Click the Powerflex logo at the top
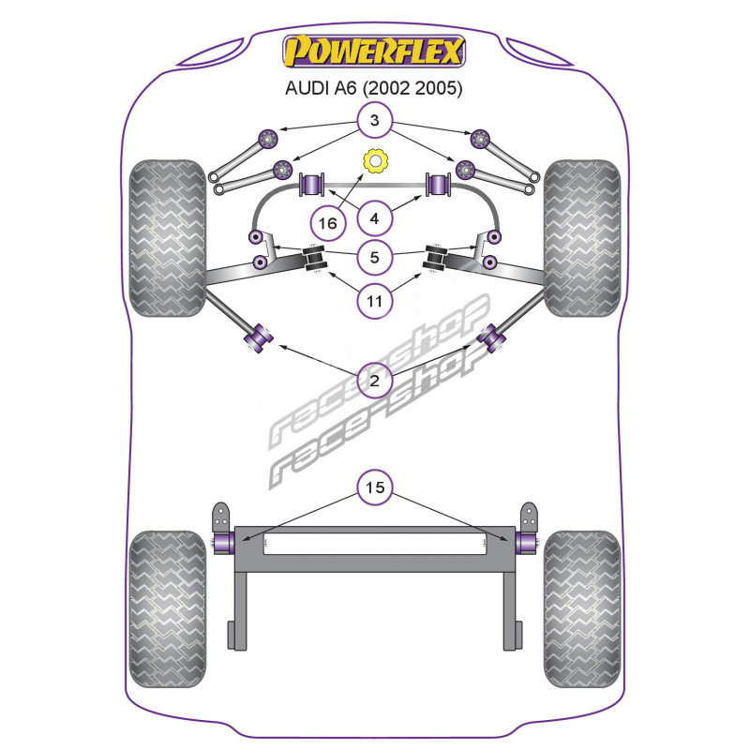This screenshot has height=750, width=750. [373, 52]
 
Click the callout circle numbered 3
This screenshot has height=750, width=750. [374, 120]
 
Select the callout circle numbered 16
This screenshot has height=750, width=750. [327, 223]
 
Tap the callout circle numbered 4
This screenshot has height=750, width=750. [374, 218]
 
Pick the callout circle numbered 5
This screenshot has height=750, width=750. [374, 257]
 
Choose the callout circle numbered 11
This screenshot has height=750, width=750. [374, 301]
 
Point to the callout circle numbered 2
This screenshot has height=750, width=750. [374, 381]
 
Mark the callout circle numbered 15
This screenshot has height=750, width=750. [374, 487]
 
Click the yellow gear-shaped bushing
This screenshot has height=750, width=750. [374, 162]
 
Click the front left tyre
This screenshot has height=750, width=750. [168, 238]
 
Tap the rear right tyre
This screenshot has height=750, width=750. [582, 608]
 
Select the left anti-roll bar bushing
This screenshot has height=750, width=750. [312, 184]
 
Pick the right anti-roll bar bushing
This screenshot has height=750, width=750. [439, 184]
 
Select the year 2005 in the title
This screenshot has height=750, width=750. [439, 88]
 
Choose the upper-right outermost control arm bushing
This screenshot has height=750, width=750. [480, 139]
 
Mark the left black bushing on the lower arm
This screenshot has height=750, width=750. [315, 258]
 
